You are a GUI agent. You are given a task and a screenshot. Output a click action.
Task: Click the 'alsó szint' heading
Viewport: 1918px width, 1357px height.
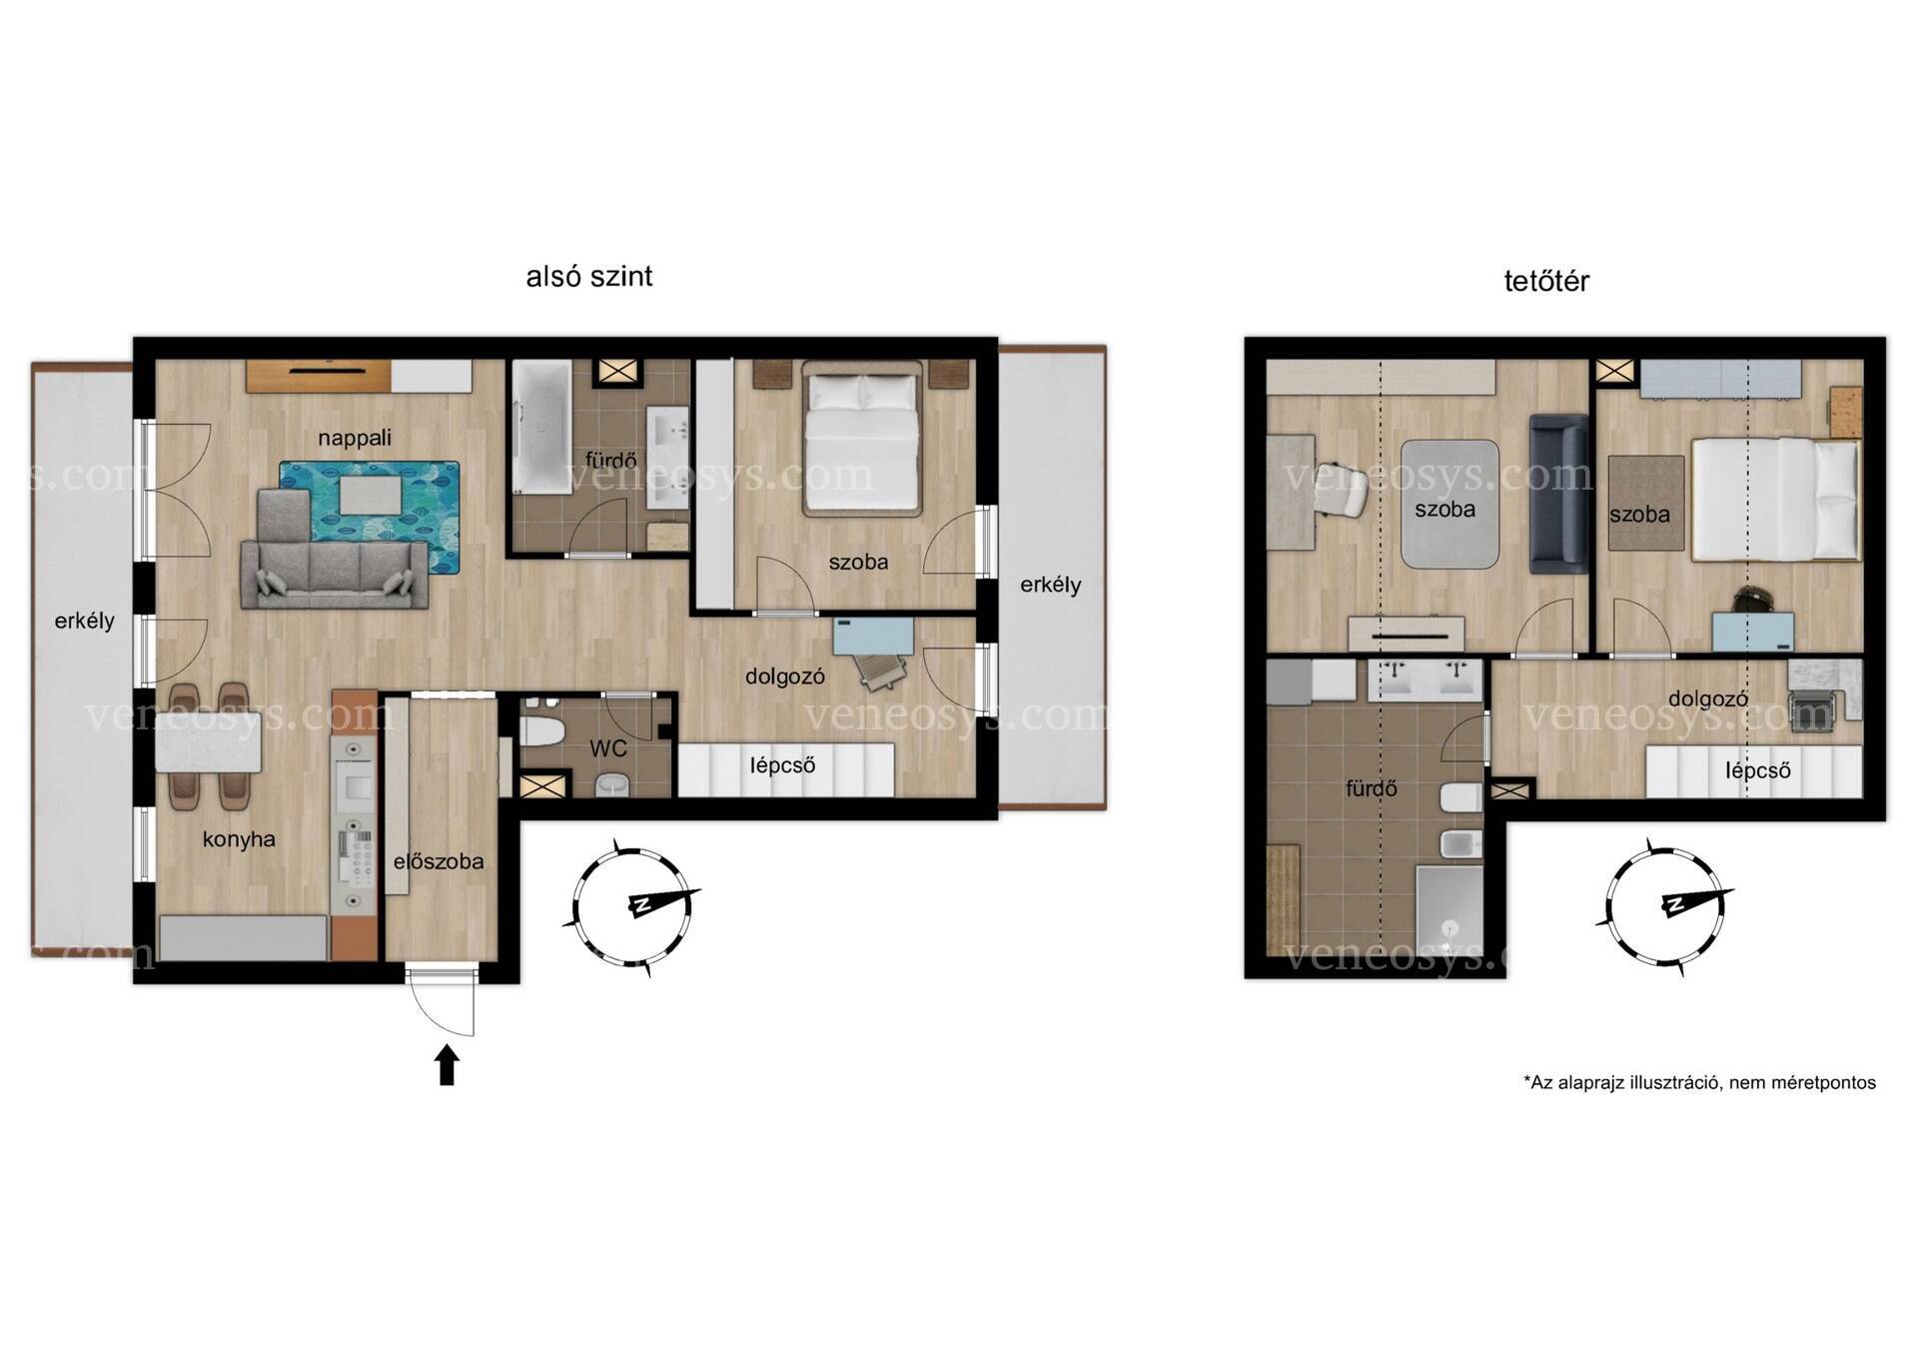point(588,276)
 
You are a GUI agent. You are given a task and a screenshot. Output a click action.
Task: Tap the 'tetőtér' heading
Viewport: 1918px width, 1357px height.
point(1546,281)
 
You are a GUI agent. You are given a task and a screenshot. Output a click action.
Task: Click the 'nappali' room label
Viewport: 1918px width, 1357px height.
point(355,438)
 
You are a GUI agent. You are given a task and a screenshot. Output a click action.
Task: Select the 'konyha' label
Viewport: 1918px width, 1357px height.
point(239,839)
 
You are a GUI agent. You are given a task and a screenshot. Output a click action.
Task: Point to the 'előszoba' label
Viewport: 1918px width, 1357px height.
point(439,861)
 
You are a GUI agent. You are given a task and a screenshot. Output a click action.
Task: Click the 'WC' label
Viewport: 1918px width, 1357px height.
point(607,748)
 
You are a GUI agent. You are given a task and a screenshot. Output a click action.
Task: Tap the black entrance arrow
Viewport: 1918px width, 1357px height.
point(447,1065)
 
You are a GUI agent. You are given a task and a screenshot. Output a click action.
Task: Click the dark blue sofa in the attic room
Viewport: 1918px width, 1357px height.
point(1558,494)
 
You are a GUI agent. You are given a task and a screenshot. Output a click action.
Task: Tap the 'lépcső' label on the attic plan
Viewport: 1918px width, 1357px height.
point(1758,771)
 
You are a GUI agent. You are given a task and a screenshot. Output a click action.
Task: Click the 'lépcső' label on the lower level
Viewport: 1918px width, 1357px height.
point(783,765)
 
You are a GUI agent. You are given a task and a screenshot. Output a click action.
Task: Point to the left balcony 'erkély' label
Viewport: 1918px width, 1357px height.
point(85,621)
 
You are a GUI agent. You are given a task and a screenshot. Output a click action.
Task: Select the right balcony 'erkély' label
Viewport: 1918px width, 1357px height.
point(1051,585)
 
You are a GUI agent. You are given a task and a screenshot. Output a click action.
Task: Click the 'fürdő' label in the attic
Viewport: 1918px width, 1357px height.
point(1372,788)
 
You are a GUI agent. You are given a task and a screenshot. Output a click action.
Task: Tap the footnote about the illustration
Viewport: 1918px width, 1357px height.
point(1699,1082)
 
